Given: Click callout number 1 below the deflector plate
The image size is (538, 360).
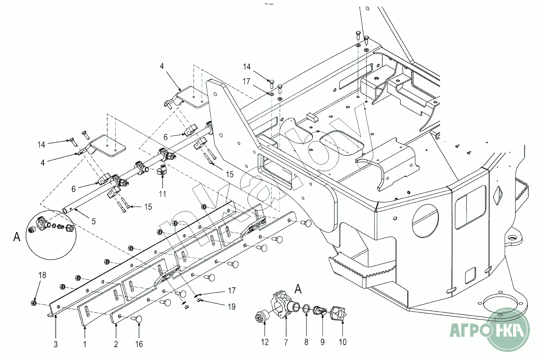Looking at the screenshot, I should click(85, 344).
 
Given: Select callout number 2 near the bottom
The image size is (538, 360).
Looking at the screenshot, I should click(116, 344).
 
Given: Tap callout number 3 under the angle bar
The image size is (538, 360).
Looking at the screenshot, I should click(56, 344).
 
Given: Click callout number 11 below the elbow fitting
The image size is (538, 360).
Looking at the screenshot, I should click(162, 193).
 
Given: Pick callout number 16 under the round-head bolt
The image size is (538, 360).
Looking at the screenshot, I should click(139, 344).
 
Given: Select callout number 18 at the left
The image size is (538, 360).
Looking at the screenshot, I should click(42, 275).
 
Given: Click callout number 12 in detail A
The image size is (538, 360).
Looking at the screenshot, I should click(265, 342).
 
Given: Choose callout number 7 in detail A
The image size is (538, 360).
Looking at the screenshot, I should click(285, 342).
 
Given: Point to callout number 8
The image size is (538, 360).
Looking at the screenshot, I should click(306, 342).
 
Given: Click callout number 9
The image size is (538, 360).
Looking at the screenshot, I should click(322, 342).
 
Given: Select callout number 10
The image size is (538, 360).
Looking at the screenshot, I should click(342, 342).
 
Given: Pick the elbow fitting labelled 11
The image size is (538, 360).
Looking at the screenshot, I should click(162, 171).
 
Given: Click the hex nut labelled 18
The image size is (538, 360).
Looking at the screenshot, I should click(34, 303).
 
